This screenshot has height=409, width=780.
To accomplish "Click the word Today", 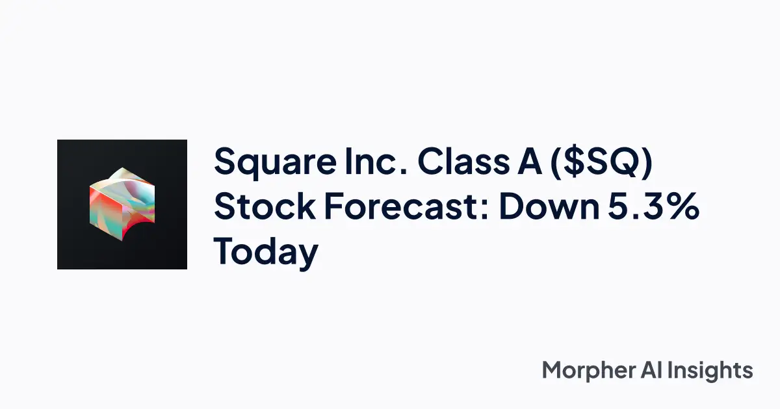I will click(x=266, y=252).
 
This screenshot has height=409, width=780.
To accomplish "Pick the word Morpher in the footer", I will click(x=587, y=371).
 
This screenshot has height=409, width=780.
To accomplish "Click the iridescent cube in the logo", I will click(x=122, y=204).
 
